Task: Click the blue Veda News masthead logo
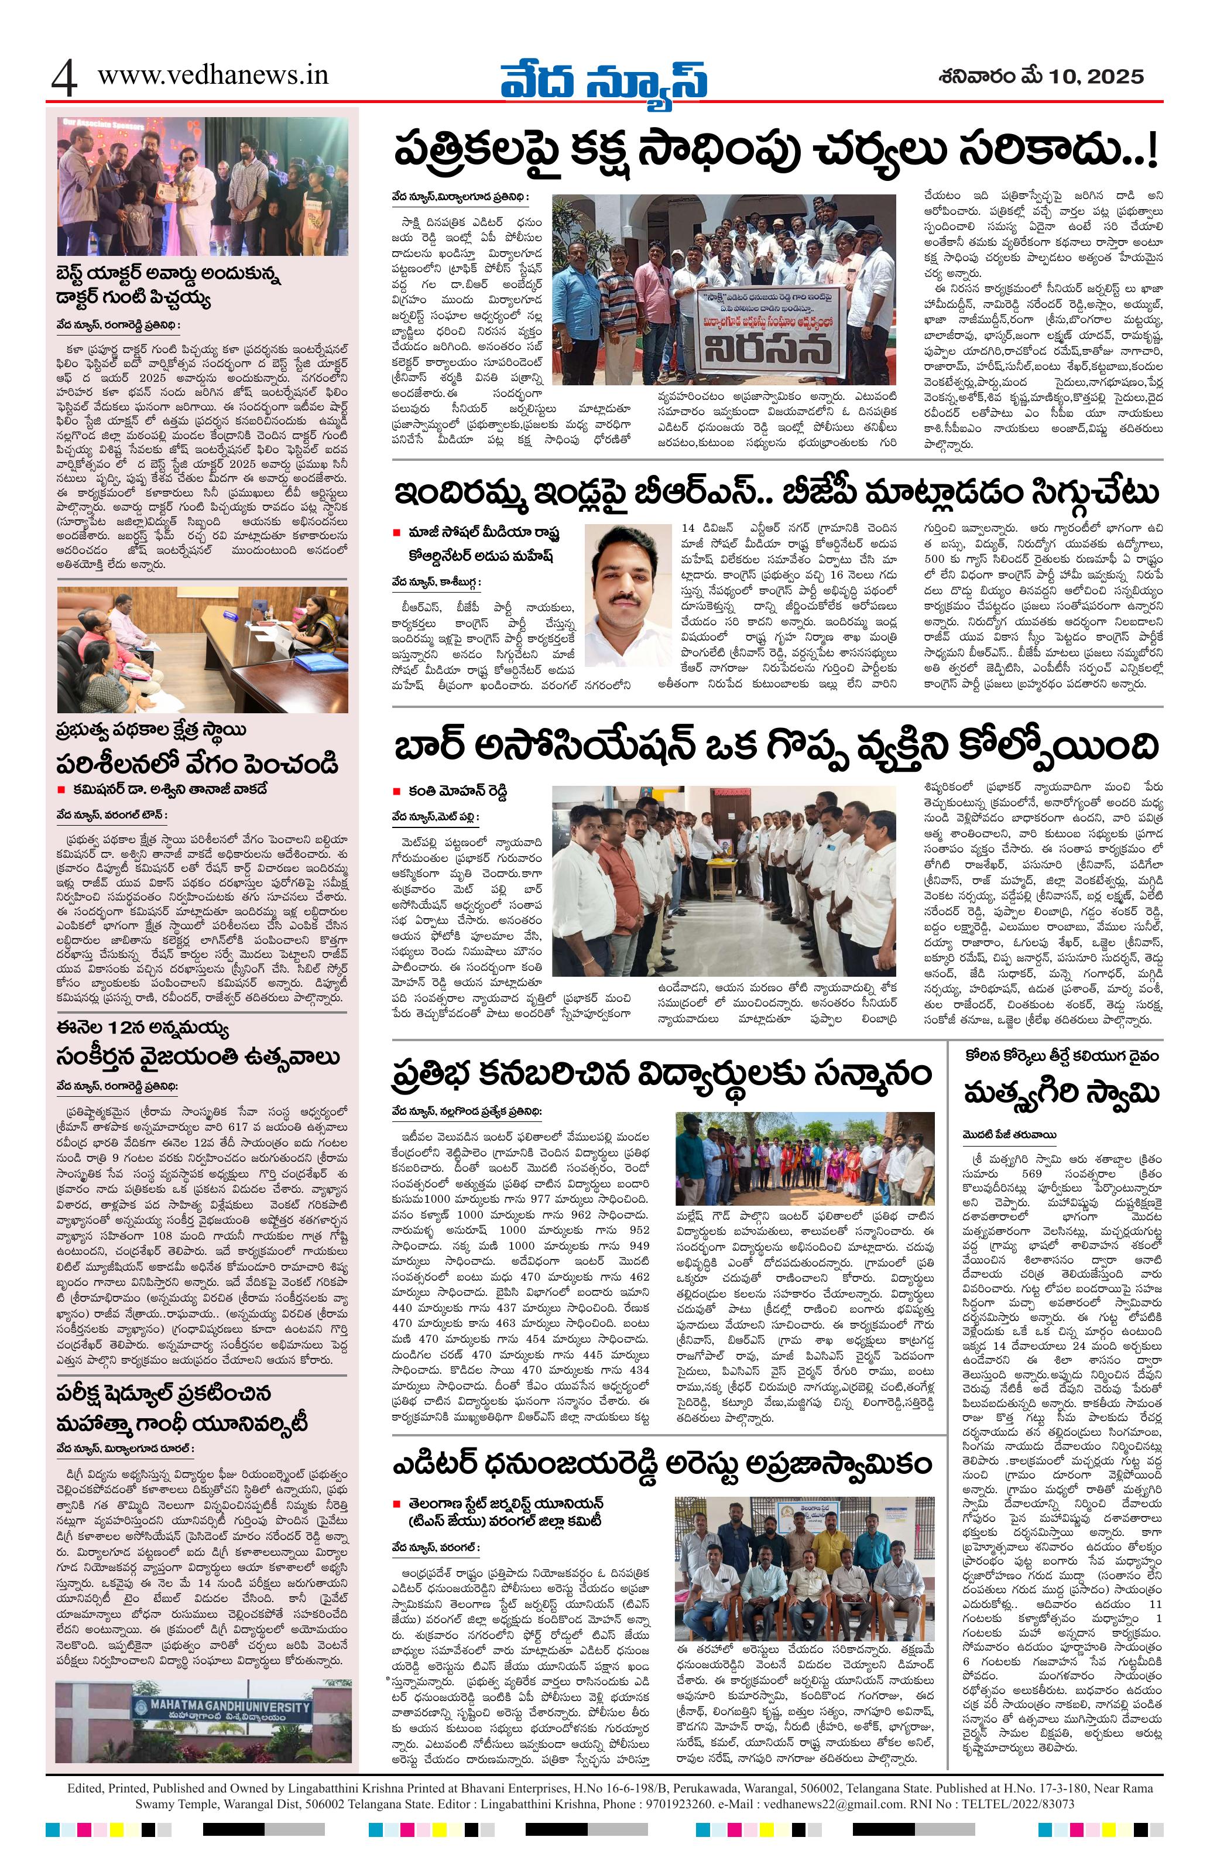[x=604, y=78]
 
